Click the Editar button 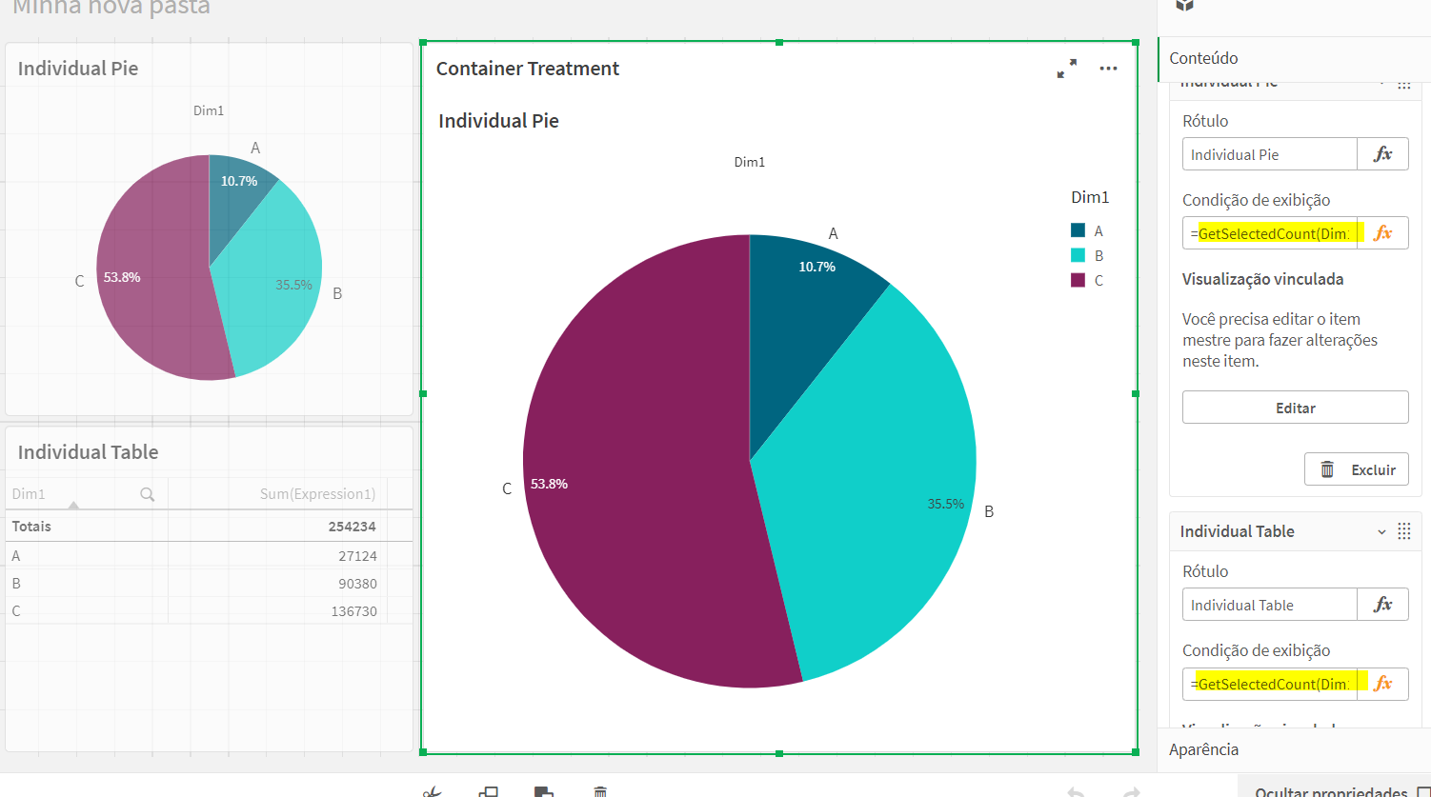point(1295,408)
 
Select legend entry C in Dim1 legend point(1087,281)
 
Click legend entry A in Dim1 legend point(1087,231)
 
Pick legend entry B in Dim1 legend point(1087,256)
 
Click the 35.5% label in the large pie point(945,504)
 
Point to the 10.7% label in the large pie point(816,268)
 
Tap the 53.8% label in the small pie point(122,278)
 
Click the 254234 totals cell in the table point(353,527)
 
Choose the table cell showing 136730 point(353,611)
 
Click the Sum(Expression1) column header point(317,494)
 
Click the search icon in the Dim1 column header point(147,494)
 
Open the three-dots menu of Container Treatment point(1107,69)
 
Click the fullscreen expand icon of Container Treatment point(1066,69)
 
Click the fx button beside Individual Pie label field point(1382,154)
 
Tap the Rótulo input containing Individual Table point(1269,605)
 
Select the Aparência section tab point(1203,749)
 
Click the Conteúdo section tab point(1203,58)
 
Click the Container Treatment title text point(528,69)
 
